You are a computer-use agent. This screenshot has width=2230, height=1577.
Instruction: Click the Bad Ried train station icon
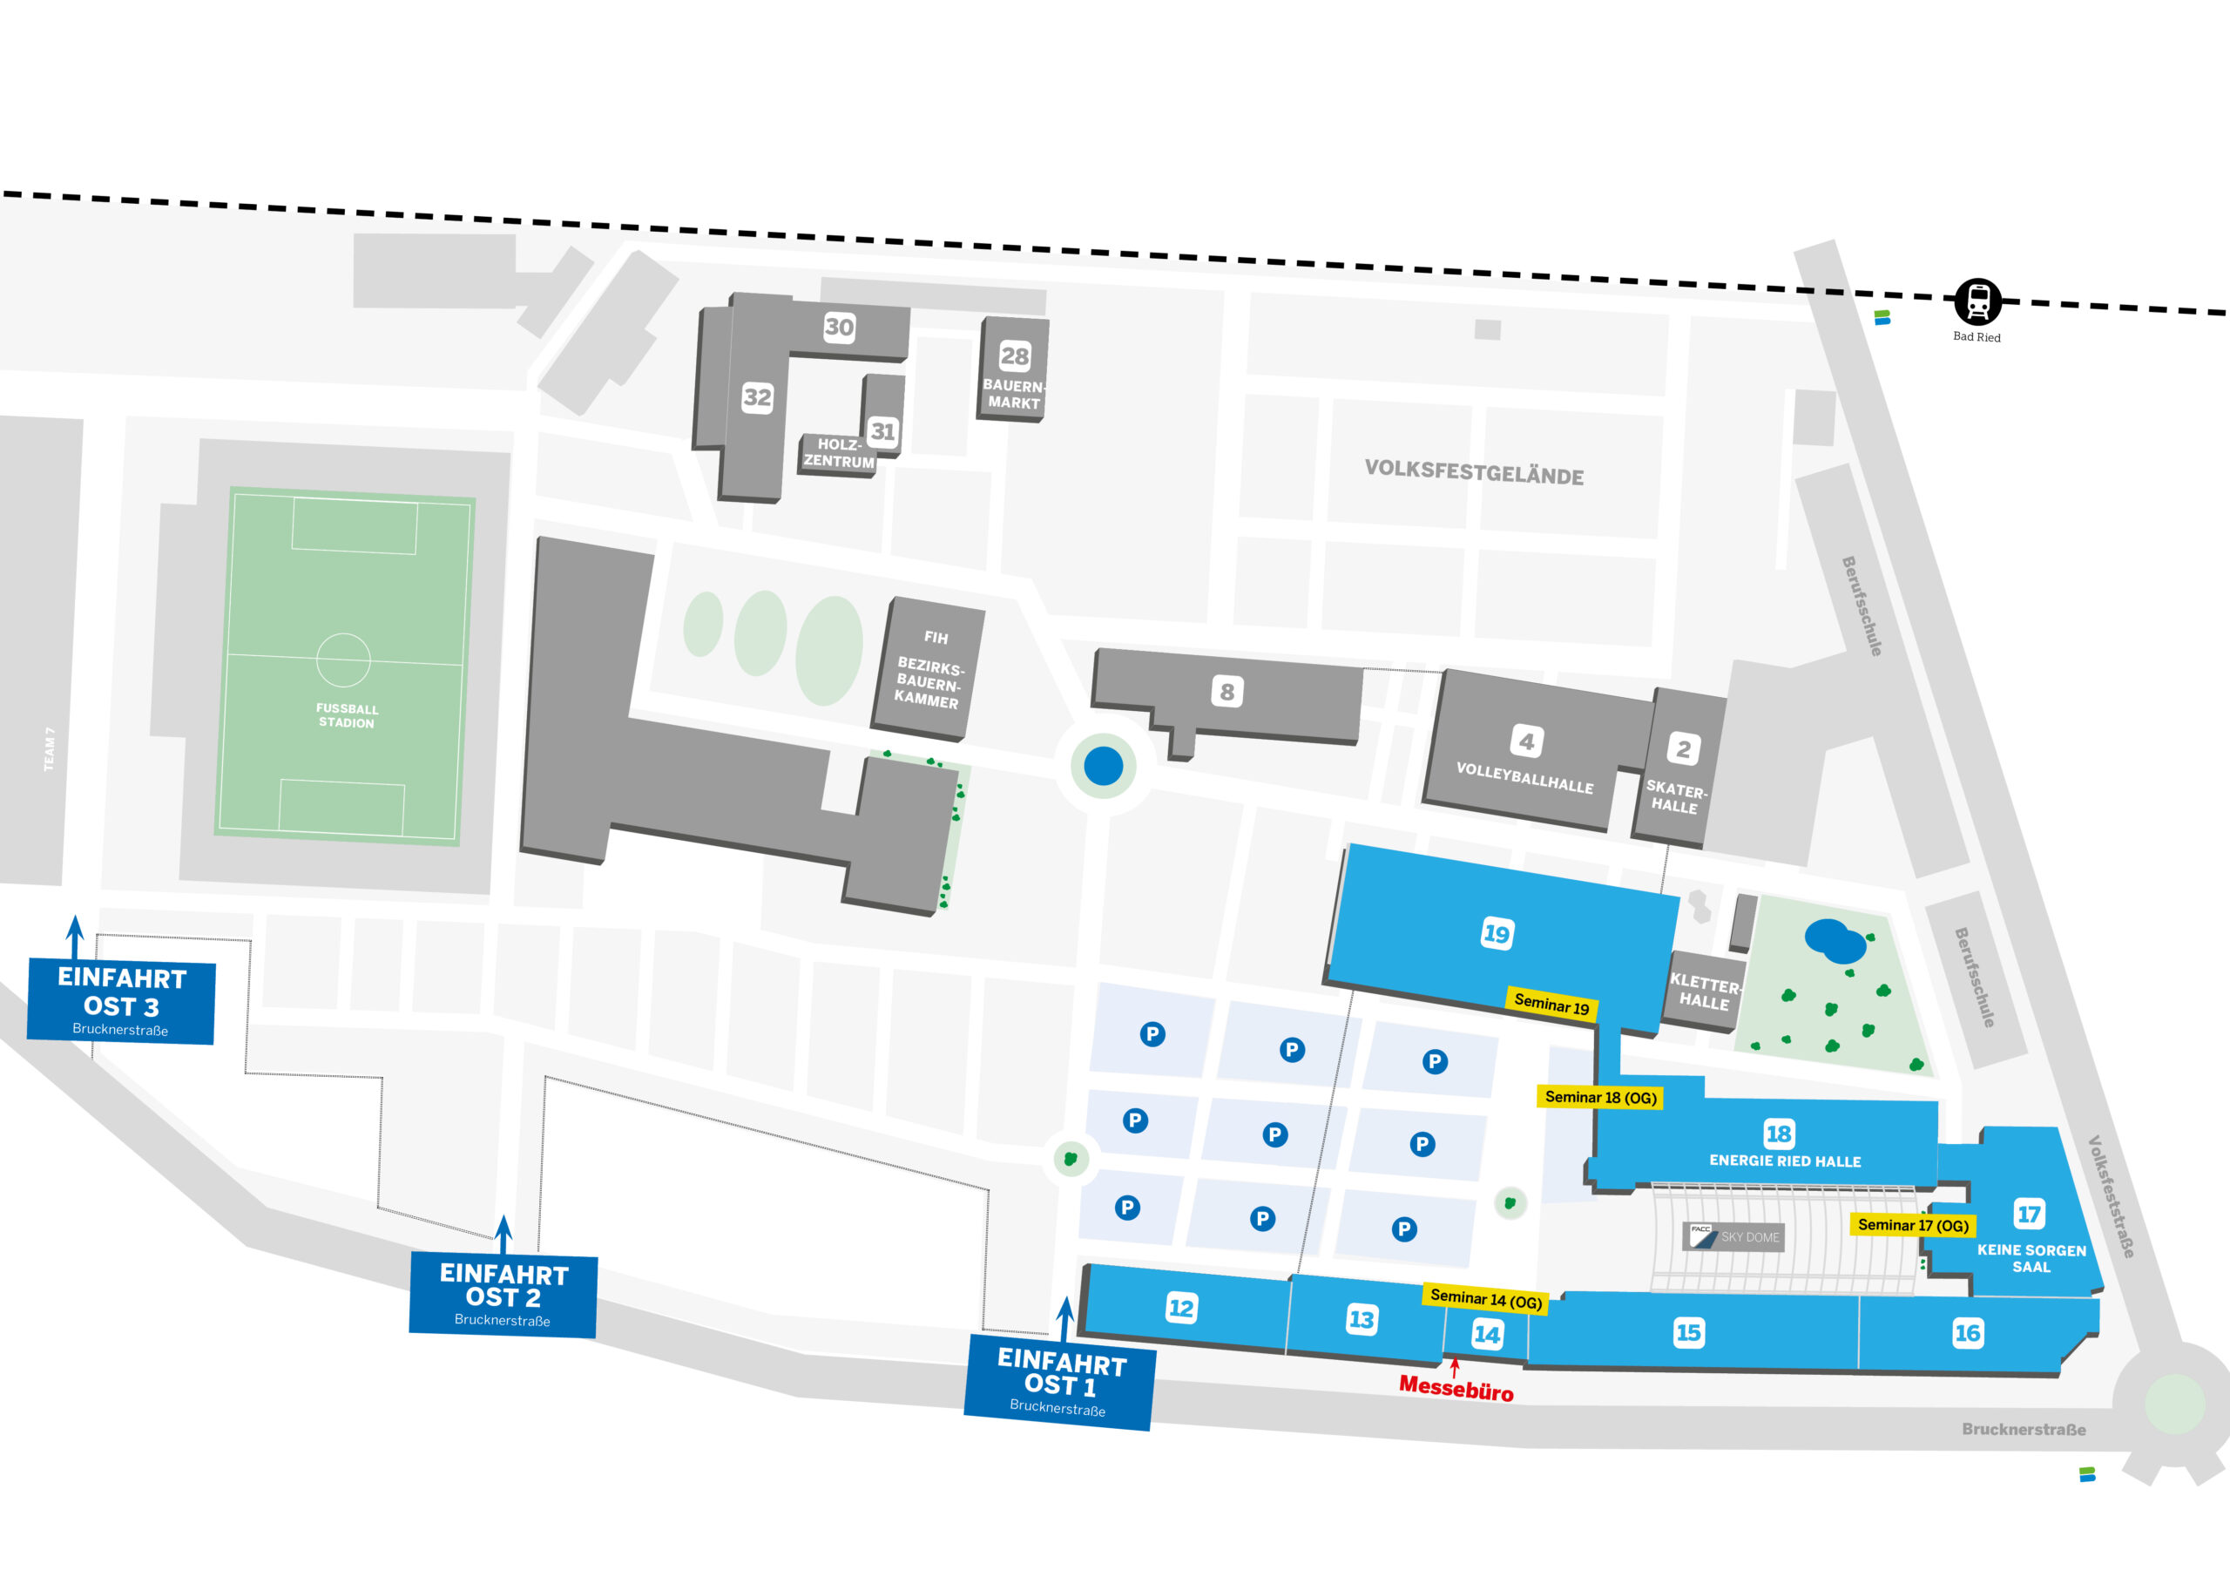pyautogui.click(x=1977, y=302)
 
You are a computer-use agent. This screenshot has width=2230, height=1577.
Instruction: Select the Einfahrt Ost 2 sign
pyautogui.click(x=503, y=1293)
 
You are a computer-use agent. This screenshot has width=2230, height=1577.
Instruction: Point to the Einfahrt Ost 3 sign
pyautogui.click(x=121, y=1001)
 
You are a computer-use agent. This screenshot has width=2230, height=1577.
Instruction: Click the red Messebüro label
pyautogui.click(x=1456, y=1389)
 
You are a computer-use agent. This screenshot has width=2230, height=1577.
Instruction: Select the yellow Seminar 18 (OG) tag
pyautogui.click(x=1600, y=1097)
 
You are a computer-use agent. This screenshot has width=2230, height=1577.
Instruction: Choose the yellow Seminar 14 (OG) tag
pyautogui.click(x=1486, y=1298)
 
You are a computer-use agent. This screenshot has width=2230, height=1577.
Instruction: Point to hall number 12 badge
pyautogui.click(x=1181, y=1308)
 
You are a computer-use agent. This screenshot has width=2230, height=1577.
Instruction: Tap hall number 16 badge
pyautogui.click(x=1968, y=1333)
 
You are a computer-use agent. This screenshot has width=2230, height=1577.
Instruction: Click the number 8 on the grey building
pyautogui.click(x=1227, y=692)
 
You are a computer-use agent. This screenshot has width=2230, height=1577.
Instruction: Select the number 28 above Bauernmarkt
pyautogui.click(x=1015, y=355)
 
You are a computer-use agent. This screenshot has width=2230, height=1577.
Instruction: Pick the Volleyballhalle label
pyautogui.click(x=1525, y=778)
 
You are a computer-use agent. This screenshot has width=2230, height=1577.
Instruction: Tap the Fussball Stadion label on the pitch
pyautogui.click(x=347, y=715)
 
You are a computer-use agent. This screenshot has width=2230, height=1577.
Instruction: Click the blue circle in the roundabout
pyautogui.click(x=1104, y=766)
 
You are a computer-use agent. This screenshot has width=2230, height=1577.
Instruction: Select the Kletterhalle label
pyautogui.click(x=1706, y=992)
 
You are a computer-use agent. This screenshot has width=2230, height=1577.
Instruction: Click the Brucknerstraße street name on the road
pyautogui.click(x=2024, y=1429)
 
